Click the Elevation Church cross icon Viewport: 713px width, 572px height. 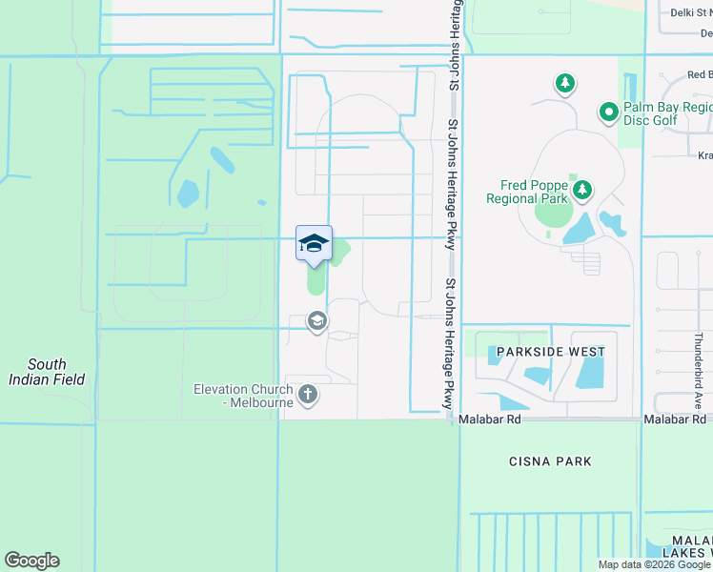(307, 394)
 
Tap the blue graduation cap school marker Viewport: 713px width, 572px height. (314, 244)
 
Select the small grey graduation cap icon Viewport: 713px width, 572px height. (316, 322)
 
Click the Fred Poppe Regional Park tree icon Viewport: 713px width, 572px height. (581, 192)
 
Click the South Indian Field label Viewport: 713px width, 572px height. (47, 372)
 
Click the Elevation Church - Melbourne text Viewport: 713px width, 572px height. (245, 396)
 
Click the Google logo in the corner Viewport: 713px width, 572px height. (31, 561)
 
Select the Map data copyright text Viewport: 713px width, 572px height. (654, 564)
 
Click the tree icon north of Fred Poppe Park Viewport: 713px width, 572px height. (565, 84)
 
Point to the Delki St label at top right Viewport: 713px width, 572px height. (691, 13)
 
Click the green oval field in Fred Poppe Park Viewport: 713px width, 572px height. (552, 213)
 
